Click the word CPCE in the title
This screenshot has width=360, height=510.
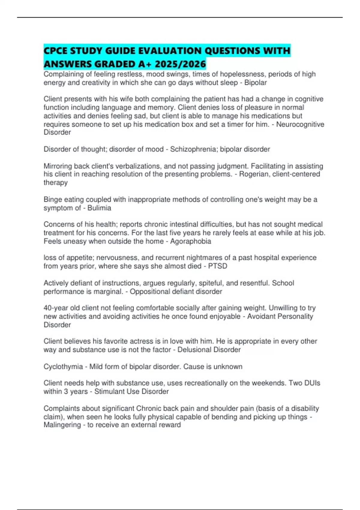55,51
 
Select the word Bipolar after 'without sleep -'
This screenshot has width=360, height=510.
255,82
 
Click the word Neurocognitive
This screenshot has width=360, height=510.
300,124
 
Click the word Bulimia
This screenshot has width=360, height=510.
99,208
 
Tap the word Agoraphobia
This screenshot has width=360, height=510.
190,241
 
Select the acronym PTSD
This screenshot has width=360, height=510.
217,266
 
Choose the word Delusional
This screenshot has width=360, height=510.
194,349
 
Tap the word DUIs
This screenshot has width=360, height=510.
312,383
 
